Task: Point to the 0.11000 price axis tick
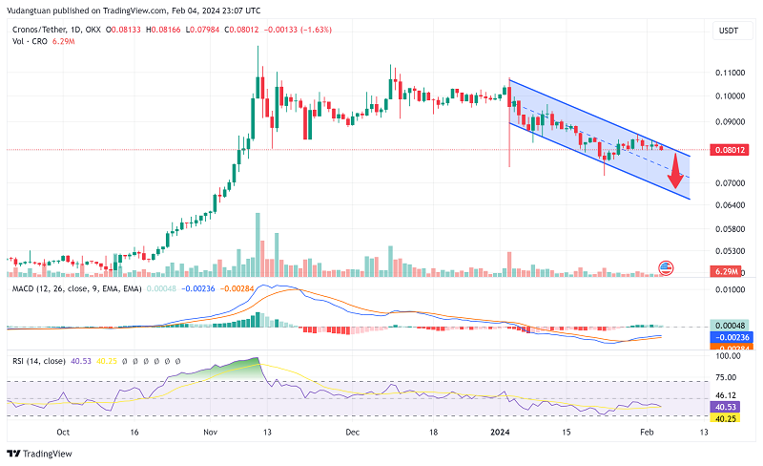point(732,73)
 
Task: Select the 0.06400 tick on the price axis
point(732,204)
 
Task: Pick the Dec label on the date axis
point(353,432)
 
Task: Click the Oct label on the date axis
point(63,432)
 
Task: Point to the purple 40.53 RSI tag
point(727,407)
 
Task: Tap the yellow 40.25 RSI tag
point(727,418)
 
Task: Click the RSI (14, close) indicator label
point(38,361)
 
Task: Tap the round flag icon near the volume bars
point(667,268)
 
